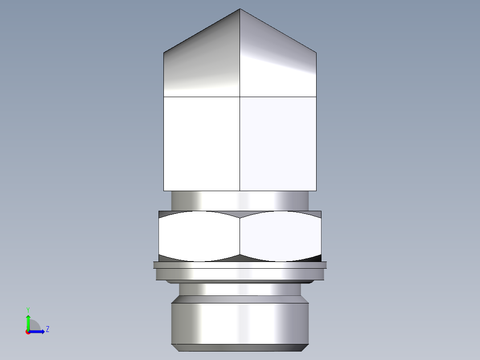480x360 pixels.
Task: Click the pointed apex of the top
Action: pos(240,10)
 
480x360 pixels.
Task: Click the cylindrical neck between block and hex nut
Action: pos(240,200)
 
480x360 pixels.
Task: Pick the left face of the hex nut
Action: pos(199,236)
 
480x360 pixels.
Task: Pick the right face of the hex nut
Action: pos(281,236)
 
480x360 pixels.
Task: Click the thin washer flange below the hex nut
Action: pos(240,265)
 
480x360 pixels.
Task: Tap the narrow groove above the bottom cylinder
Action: pos(240,290)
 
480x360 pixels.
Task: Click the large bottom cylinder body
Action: pos(240,323)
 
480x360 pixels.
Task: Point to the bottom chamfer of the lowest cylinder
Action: pos(240,348)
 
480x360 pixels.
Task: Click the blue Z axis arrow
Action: pos(38,331)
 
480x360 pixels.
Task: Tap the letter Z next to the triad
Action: pos(47,330)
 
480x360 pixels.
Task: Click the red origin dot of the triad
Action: pos(28,332)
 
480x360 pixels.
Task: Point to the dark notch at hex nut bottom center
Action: pos(240,258)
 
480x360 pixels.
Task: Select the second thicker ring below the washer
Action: pos(240,274)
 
